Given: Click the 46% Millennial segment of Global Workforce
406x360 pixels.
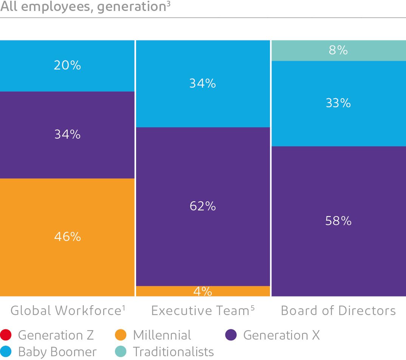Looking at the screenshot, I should pyautogui.click(x=67, y=237).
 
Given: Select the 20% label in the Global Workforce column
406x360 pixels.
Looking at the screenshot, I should pyautogui.click(x=67, y=65).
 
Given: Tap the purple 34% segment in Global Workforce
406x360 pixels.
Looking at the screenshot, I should pyautogui.click(x=67, y=134).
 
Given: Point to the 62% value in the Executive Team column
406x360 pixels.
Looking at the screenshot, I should pyautogui.click(x=203, y=206).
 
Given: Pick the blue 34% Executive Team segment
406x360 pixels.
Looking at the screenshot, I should pyautogui.click(x=203, y=83).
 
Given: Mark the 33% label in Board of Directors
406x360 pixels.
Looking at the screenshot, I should pyautogui.click(x=338, y=103).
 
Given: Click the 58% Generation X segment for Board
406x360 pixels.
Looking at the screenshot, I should pyautogui.click(x=338, y=221).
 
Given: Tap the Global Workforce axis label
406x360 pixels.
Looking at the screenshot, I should pyautogui.click(x=65, y=311).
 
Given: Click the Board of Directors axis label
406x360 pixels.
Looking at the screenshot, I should pyautogui.click(x=338, y=311).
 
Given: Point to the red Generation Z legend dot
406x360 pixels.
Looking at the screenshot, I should pyautogui.click(x=6, y=335).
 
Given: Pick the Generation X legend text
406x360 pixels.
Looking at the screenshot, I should pyautogui.click(x=281, y=335).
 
